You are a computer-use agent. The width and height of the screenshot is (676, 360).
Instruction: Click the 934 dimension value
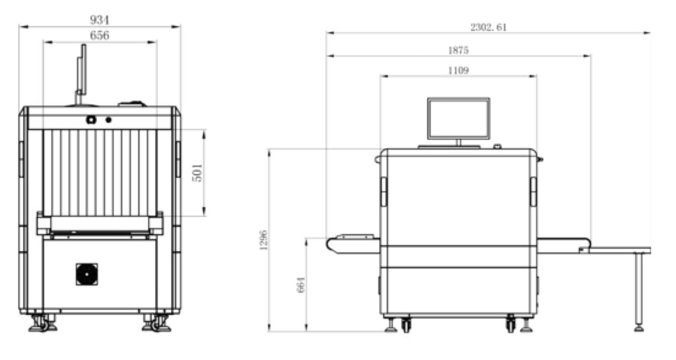tap(99, 20)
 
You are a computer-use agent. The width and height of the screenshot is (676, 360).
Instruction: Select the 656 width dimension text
tap(99, 36)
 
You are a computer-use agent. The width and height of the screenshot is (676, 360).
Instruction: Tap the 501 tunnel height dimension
tap(197, 172)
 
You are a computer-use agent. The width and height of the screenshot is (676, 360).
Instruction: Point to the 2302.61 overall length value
tap(489, 27)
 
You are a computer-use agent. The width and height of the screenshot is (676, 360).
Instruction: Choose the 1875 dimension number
tap(458, 50)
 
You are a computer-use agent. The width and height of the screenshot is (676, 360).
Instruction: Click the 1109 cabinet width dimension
tap(458, 70)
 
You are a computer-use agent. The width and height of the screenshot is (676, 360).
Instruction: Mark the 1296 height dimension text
tap(263, 240)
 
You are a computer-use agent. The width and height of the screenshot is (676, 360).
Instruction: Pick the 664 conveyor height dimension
tap(301, 285)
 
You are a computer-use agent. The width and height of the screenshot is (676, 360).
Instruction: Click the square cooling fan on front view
tap(86, 274)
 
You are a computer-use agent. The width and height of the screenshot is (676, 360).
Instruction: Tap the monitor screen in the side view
tap(458, 119)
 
